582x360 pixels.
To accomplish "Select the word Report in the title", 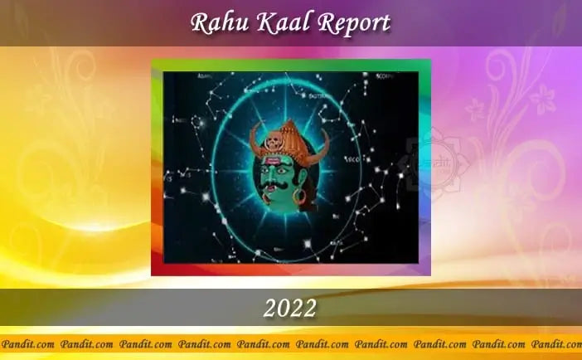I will (347, 22).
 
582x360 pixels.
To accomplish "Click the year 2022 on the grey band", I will (290, 309).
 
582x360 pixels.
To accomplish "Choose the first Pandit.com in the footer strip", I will (29, 343).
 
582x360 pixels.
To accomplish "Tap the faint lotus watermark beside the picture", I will (429, 162).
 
